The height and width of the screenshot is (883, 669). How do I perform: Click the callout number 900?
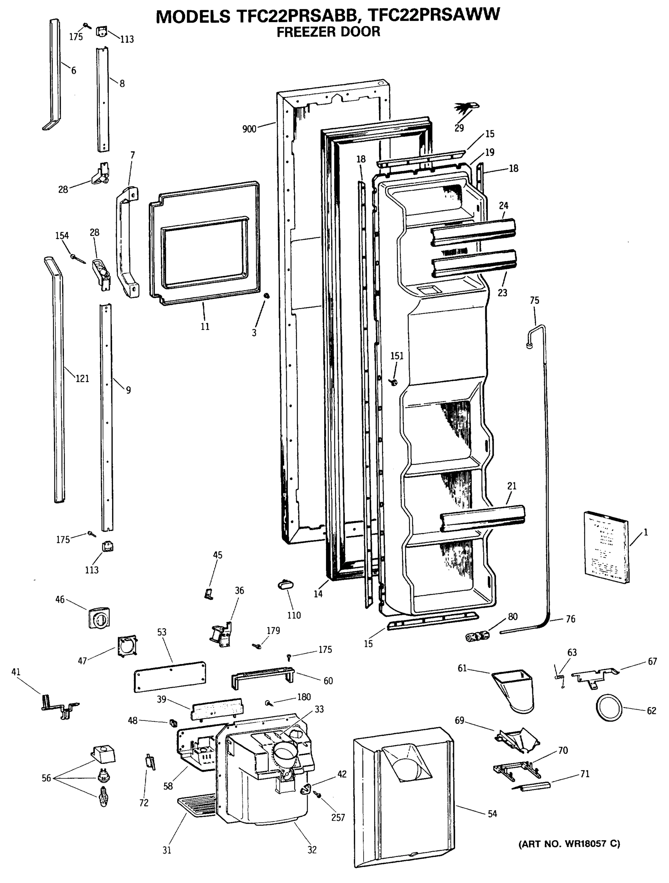(249, 129)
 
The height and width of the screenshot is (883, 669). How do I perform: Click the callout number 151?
(397, 356)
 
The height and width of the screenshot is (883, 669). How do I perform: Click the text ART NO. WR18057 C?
(569, 844)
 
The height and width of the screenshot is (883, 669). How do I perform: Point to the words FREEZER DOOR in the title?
(328, 32)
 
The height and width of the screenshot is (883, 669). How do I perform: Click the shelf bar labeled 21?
(482, 518)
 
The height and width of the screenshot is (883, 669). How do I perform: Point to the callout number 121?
(82, 379)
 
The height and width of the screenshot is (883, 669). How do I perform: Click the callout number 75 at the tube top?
(534, 300)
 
